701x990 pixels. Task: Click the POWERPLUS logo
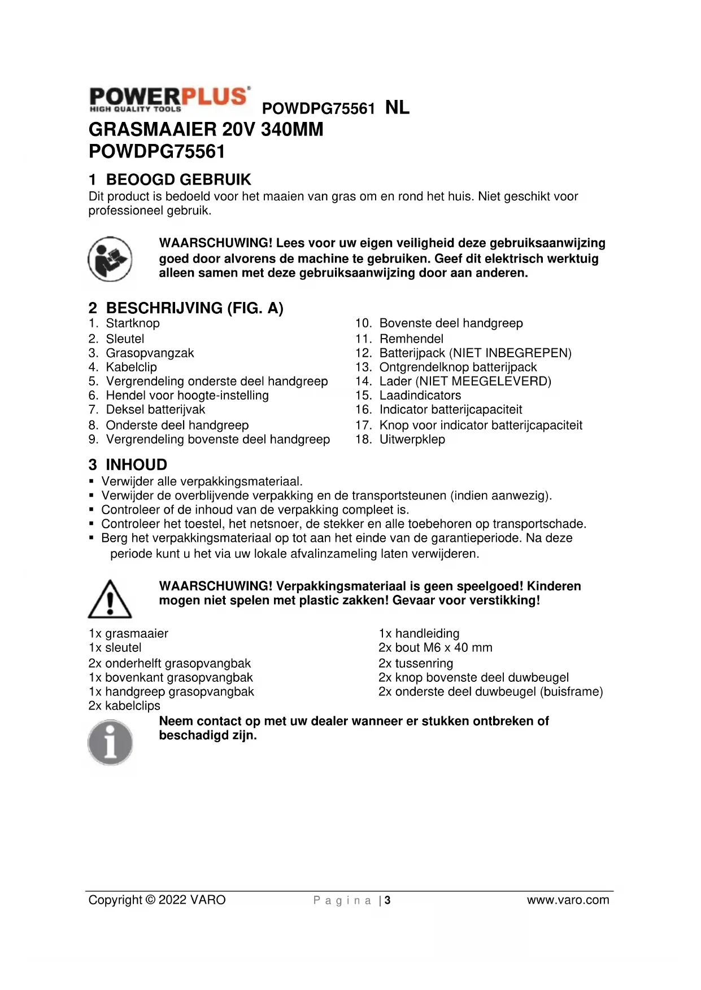[x=169, y=99]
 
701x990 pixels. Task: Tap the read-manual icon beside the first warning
[x=110, y=259]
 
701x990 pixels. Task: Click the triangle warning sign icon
[x=110, y=599]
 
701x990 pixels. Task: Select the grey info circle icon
[x=110, y=743]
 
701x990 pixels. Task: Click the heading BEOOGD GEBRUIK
[x=178, y=179]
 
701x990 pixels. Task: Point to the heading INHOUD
[x=136, y=465]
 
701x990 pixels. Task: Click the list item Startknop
[x=133, y=323]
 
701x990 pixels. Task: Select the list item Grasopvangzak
[x=150, y=353]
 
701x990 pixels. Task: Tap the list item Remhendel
[x=411, y=339]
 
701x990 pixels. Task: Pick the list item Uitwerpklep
[x=412, y=439]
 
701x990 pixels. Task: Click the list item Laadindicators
[x=420, y=396]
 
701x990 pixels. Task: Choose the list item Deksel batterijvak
[x=155, y=410]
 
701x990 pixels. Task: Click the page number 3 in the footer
[x=387, y=900]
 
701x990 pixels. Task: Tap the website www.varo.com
[x=568, y=900]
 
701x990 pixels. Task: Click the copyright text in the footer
[x=157, y=900]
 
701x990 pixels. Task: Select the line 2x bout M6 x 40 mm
[x=435, y=648]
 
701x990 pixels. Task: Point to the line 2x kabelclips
[x=124, y=706]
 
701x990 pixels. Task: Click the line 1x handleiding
[x=419, y=633]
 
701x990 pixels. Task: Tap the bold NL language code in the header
[x=397, y=107]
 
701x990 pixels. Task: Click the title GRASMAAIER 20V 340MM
[x=206, y=129]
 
